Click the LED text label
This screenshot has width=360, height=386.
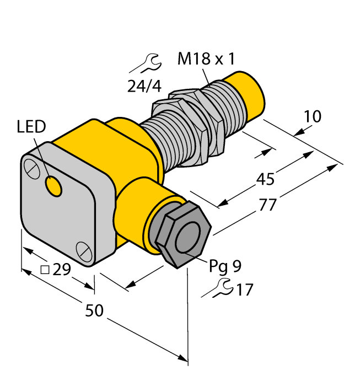point(31,127)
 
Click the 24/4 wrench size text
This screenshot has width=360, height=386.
point(145,86)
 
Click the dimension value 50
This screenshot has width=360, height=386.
point(95,310)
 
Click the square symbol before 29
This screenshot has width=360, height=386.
point(46,270)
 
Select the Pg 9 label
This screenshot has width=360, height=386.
point(225,266)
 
